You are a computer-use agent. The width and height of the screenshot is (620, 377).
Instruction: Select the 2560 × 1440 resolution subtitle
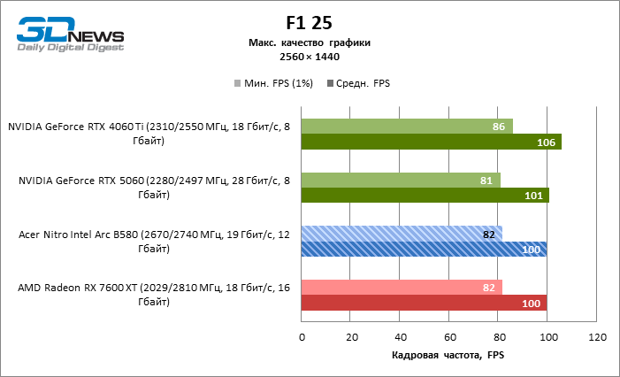click(309, 57)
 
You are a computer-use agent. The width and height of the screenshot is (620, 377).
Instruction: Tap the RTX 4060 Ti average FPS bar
click(432, 142)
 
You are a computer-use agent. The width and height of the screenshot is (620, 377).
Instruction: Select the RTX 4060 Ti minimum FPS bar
click(407, 127)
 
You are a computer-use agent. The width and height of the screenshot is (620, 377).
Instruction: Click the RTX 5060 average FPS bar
click(425, 196)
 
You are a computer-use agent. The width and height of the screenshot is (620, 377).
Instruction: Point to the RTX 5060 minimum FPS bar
click(401, 180)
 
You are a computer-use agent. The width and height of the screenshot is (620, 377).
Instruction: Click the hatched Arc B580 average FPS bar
click(424, 249)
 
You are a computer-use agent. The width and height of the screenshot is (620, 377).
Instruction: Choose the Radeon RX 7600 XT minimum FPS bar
click(402, 287)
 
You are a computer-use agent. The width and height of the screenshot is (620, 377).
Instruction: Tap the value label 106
click(546, 142)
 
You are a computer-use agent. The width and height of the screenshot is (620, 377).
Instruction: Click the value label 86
click(499, 127)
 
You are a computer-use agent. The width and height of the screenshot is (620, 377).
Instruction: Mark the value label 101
click(533, 196)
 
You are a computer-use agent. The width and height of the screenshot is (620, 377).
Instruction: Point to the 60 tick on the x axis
click(450, 337)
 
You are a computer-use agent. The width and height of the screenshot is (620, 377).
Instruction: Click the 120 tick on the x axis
click(598, 337)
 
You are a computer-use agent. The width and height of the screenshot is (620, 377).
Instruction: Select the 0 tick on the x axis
click(302, 337)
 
